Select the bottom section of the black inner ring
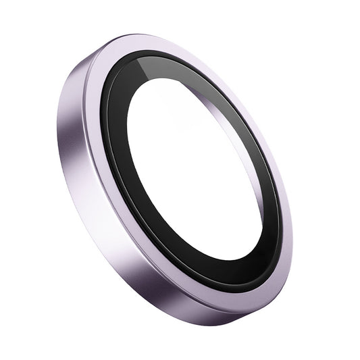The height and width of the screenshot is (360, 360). (x=223, y=274)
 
